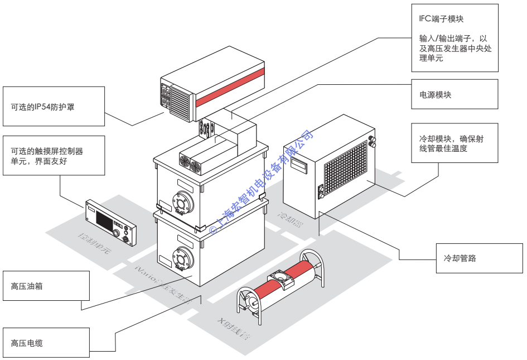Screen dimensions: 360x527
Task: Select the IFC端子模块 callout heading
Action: tap(441, 20)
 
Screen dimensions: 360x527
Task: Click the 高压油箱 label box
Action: tap(46, 287)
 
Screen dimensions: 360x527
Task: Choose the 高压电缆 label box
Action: tap(46, 342)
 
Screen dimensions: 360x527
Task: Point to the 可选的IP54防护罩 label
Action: tap(53, 106)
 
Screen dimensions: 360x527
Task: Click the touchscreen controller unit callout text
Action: tap(53, 156)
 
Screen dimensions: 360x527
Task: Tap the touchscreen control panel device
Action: tap(110, 222)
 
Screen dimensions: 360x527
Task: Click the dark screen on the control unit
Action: tap(104, 219)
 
